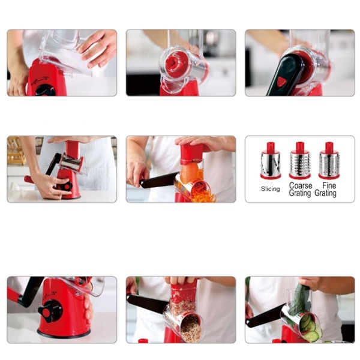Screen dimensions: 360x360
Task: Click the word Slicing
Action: click(270, 189)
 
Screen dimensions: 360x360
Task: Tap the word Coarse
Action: click(301, 185)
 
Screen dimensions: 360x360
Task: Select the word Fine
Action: click(329, 185)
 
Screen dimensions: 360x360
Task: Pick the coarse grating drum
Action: click(300, 160)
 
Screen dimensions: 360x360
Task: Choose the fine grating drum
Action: click(329, 160)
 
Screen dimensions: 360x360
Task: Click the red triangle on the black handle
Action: click(282, 82)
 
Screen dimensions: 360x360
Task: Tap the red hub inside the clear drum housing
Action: click(175, 63)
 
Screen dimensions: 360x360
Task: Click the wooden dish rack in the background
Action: click(16, 151)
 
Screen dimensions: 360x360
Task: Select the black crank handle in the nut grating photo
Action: click(147, 303)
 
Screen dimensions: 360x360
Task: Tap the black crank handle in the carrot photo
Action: click(159, 180)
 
